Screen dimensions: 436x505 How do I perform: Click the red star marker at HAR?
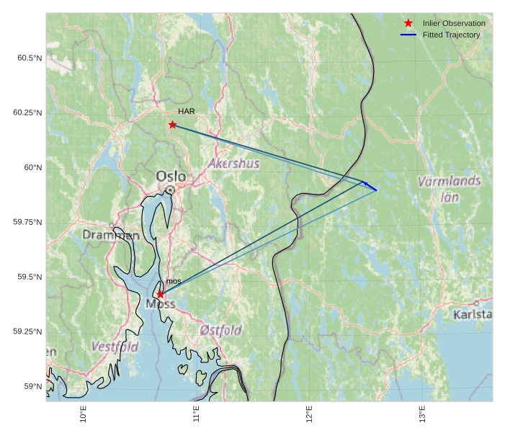(172, 125)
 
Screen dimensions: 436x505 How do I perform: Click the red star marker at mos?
(160, 294)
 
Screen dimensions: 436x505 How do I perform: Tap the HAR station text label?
(187, 112)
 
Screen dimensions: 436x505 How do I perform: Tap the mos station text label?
(174, 281)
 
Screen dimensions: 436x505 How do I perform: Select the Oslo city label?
(171, 177)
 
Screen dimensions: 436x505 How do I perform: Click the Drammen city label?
(111, 235)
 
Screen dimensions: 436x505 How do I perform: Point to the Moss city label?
(160, 304)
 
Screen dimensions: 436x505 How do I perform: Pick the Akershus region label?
(233, 164)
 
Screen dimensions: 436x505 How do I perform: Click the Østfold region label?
(220, 330)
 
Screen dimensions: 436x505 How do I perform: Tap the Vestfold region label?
(115, 347)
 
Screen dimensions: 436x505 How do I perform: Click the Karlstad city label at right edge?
(473, 315)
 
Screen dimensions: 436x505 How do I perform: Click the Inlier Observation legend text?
(454, 23)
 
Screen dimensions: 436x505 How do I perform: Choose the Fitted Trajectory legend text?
(451, 35)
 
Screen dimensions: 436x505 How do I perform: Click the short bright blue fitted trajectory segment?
(370, 185)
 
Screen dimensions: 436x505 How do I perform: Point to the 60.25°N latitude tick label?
(27, 112)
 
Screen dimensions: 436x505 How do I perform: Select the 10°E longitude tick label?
(84, 417)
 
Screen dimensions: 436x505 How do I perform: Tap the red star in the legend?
(408, 23)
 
